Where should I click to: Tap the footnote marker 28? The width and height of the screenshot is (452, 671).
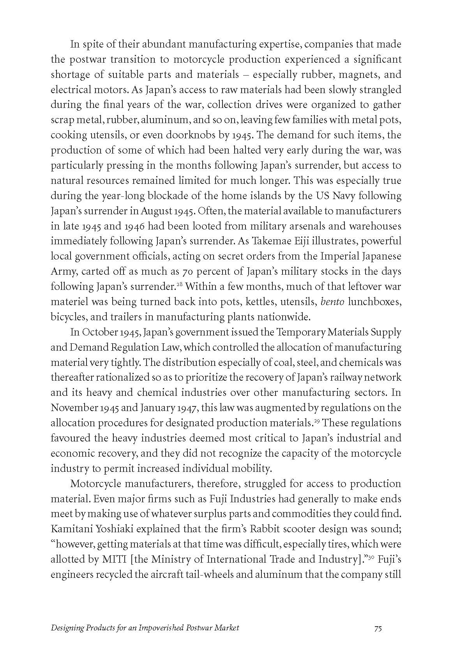click(x=180, y=284)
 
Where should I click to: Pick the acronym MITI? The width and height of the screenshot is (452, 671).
click(x=114, y=560)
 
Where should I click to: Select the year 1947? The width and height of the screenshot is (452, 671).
click(x=189, y=408)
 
